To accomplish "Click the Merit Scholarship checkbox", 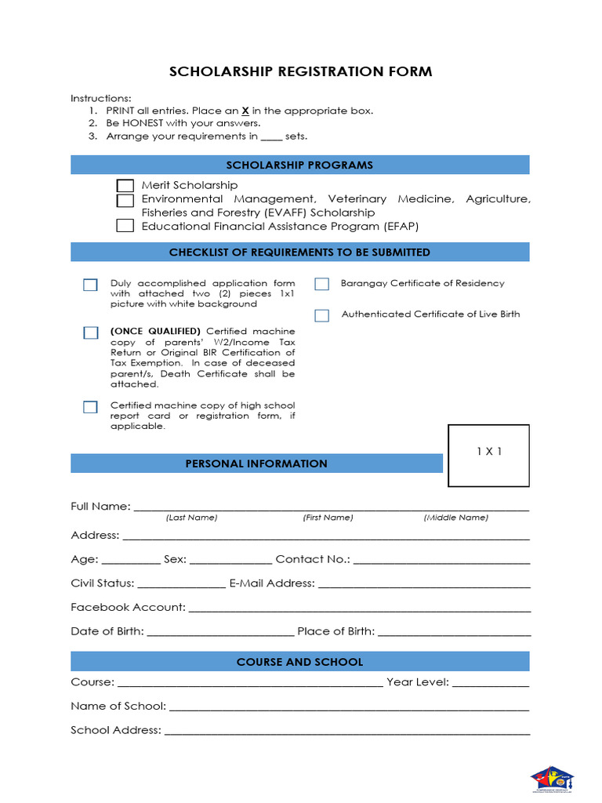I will click(125, 186).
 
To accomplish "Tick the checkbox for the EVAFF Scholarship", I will click(125, 201).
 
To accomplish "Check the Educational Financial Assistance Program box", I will click(125, 226).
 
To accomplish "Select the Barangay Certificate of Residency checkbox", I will click(321, 284).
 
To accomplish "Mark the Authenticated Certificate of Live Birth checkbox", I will click(321, 315).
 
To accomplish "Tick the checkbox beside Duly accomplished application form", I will click(91, 285).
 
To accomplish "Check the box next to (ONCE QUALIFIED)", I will click(91, 332).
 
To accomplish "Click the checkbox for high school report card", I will click(91, 406).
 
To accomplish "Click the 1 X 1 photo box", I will click(488, 455).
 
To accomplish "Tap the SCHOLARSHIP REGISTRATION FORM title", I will click(300, 72).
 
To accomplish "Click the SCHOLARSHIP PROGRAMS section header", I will click(299, 165).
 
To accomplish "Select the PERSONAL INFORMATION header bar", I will click(256, 463).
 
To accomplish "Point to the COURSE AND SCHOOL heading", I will click(299, 662).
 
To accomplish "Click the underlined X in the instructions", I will click(245, 111).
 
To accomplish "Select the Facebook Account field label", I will click(128, 607).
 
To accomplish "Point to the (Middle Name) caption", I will click(455, 518).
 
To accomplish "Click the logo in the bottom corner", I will click(553, 779).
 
